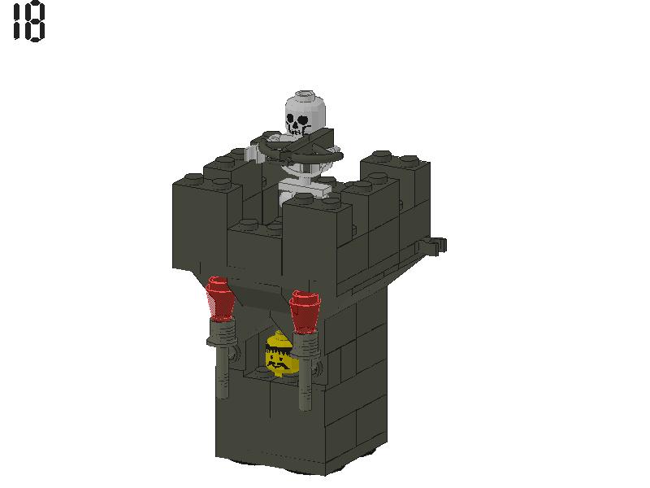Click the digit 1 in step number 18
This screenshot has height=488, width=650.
pos(17,23)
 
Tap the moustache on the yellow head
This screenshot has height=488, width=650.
pos(279,365)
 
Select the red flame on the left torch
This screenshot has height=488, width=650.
pos(220,297)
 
